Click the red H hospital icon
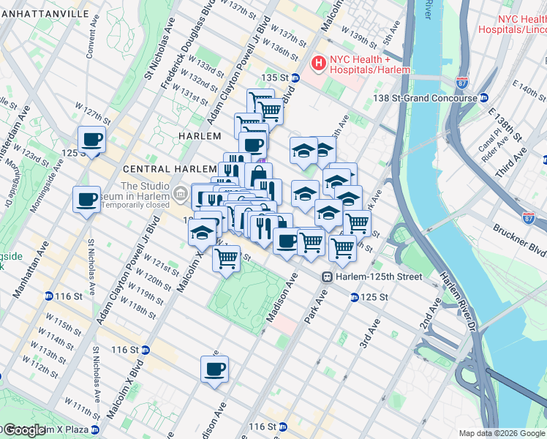(319, 64)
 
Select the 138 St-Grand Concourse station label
(435, 97)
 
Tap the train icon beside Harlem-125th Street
(327, 277)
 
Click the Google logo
(24, 430)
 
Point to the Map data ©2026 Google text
(502, 432)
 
